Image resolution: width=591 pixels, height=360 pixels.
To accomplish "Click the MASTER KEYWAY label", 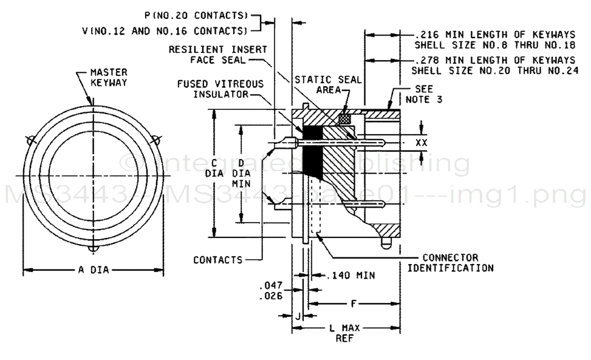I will [109, 76].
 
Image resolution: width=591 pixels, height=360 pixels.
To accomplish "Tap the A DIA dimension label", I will [93, 270].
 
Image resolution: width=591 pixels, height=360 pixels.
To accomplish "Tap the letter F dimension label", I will [353, 302].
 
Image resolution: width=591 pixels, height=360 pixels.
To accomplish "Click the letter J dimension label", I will [298, 315].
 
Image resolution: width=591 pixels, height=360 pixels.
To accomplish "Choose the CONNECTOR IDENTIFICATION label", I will [450, 262].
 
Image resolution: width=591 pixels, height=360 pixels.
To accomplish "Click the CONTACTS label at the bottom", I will [217, 260].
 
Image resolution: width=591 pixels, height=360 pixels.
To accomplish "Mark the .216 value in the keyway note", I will [423, 35].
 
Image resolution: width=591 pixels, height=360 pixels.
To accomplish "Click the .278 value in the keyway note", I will [423, 60].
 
